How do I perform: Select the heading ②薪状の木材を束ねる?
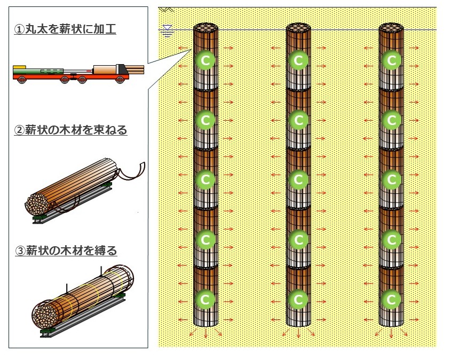pos(70,130)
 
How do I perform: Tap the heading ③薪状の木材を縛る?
pos(66,250)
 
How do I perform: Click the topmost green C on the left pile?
pos(205,60)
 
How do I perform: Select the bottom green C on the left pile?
pos(205,299)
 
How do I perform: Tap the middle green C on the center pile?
pos(298,180)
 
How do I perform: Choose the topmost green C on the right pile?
pos(391,60)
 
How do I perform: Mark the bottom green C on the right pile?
pos(391,299)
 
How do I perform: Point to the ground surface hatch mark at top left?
pos(167,10)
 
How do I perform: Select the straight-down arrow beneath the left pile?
pos(205,334)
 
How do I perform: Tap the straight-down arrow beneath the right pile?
pos(391,334)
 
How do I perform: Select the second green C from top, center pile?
pos(298,120)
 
